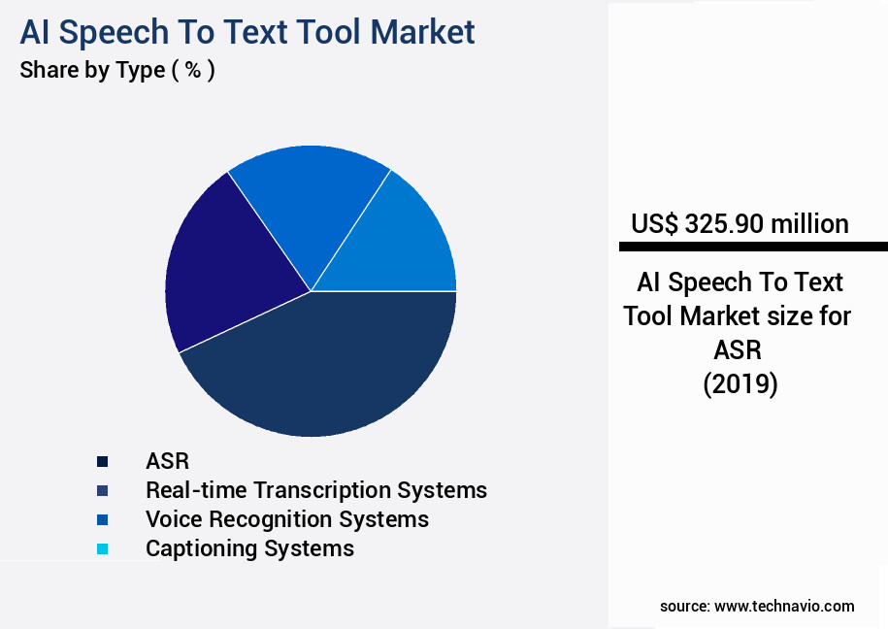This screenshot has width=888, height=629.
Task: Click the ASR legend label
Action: click(x=167, y=461)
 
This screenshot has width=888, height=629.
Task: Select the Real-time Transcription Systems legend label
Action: click(x=316, y=490)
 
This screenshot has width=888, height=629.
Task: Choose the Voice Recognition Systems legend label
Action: click(x=286, y=519)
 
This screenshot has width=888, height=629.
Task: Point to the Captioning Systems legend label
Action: click(x=249, y=548)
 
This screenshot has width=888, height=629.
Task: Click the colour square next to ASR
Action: click(x=103, y=461)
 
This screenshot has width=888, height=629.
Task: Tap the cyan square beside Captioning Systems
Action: click(x=103, y=548)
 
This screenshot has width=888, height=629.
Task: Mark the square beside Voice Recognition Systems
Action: click(x=103, y=519)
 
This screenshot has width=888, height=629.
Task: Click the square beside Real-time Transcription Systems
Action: click(x=103, y=490)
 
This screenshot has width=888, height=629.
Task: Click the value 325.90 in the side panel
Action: click(x=724, y=224)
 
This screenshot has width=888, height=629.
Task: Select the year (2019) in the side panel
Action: click(x=740, y=384)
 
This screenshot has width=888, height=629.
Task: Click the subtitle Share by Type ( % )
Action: click(x=116, y=71)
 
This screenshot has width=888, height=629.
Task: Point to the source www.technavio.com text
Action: click(x=757, y=606)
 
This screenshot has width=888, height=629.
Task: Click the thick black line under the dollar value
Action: click(x=753, y=247)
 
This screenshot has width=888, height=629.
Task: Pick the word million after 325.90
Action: click(x=809, y=224)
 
